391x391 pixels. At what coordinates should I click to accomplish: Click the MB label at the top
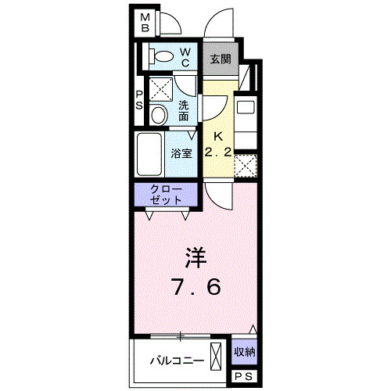tap(145, 23)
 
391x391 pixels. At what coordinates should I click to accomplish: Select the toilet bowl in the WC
tap(163, 57)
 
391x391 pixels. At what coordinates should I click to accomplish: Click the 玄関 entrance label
tap(220, 59)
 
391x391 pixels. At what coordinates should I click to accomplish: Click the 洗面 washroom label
tap(185, 110)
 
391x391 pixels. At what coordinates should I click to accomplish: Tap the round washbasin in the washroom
tap(158, 116)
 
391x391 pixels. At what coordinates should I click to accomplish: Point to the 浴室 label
tap(181, 153)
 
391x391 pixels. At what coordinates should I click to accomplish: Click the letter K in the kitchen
tap(219, 135)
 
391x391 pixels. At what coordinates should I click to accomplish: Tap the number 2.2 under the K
tap(219, 152)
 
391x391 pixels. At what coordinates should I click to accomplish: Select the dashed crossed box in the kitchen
tap(246, 166)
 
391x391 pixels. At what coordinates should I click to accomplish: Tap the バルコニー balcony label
tap(178, 361)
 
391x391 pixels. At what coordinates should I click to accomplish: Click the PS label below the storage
tap(244, 376)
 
